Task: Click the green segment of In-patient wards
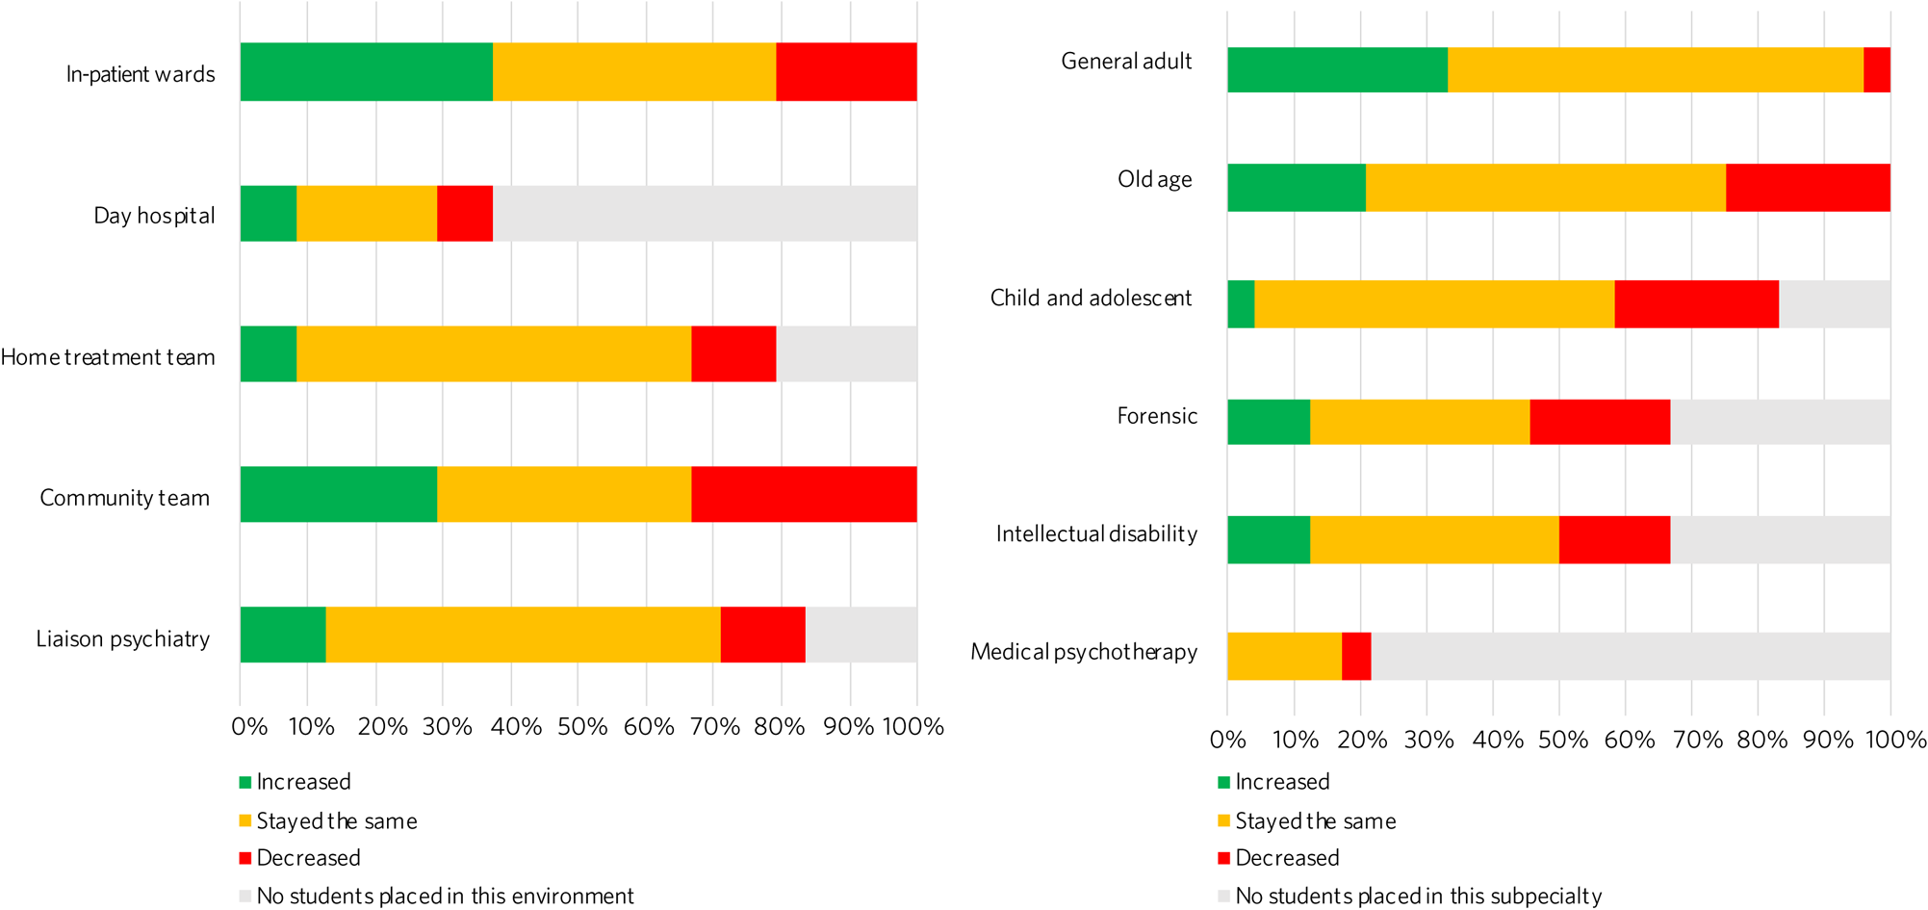click(x=366, y=72)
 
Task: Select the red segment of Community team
click(x=803, y=495)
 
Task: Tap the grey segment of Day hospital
click(x=704, y=214)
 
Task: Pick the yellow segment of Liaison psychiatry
click(x=523, y=635)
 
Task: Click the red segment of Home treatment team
click(x=733, y=354)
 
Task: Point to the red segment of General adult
click(x=1876, y=70)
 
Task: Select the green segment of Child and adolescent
click(x=1241, y=304)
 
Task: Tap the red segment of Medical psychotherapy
click(x=1356, y=657)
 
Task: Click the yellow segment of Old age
click(x=1545, y=188)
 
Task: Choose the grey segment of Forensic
click(x=1780, y=422)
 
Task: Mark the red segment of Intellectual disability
click(x=1614, y=539)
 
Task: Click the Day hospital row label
click(x=154, y=216)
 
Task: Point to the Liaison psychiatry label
click(x=122, y=639)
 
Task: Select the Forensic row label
click(x=1157, y=416)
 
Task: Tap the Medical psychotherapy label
click(x=1084, y=652)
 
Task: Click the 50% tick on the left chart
click(x=581, y=727)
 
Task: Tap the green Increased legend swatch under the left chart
click(x=245, y=783)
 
